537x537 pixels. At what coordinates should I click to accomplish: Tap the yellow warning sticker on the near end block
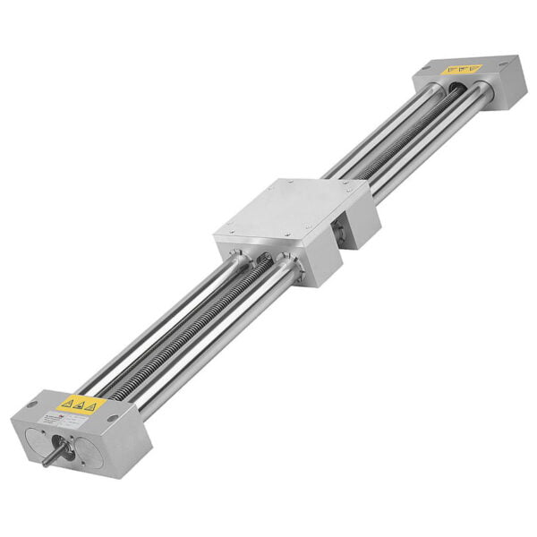point(82,404)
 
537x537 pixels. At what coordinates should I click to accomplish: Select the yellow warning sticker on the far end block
point(462,69)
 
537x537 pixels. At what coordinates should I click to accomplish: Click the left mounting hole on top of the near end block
point(32,405)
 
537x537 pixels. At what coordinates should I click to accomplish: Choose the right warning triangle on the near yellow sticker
point(90,406)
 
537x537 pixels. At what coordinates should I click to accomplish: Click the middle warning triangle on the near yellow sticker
point(80,404)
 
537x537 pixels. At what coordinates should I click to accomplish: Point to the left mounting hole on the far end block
point(426,68)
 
